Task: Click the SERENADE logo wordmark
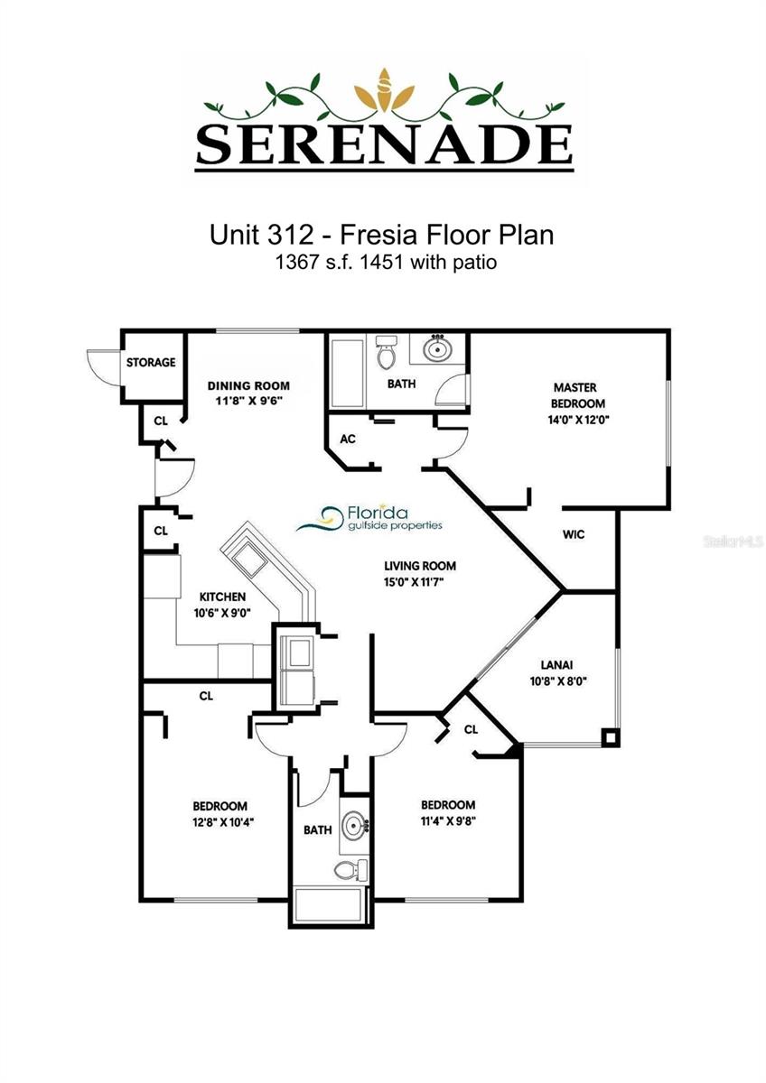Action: point(384,142)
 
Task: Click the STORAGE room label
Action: point(151,363)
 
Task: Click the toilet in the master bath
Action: point(387,353)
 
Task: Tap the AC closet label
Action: point(347,439)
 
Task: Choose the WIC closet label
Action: point(574,534)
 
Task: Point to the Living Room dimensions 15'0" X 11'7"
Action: point(420,582)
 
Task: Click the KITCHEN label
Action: point(222,597)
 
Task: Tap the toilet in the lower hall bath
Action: point(348,870)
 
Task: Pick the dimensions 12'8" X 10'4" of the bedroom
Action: point(220,822)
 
